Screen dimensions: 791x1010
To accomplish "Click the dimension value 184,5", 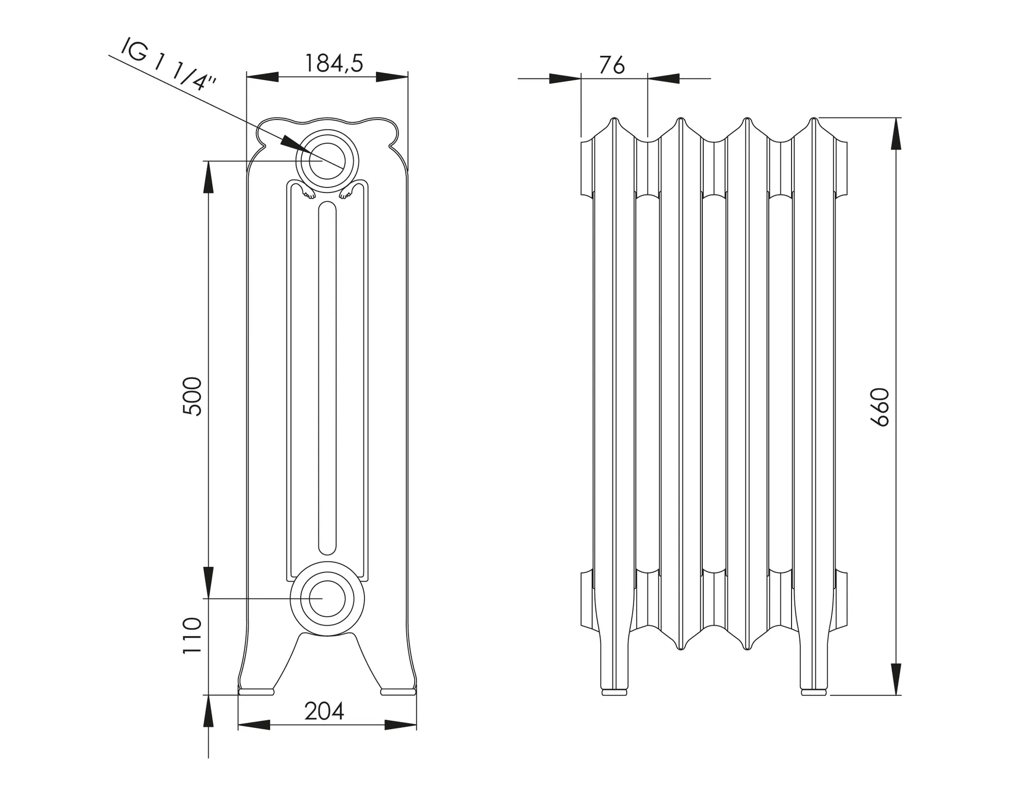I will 334,63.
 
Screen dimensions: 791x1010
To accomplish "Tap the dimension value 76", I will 612,65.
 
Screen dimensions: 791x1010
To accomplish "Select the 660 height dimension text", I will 880,407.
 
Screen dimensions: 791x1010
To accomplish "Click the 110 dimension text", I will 192,636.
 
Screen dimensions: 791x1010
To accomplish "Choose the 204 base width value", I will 324,711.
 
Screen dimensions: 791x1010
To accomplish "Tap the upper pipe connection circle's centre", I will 327,161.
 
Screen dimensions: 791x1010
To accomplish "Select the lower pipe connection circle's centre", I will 327,598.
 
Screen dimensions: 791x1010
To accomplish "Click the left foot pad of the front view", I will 256,692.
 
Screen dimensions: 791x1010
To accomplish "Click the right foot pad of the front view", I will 398,692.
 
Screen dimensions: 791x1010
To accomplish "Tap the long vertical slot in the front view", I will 327,377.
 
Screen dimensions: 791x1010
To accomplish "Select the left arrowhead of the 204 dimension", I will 254,725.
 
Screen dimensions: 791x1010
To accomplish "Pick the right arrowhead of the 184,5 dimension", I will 392,77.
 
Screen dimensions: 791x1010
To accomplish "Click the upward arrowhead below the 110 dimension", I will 209,711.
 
